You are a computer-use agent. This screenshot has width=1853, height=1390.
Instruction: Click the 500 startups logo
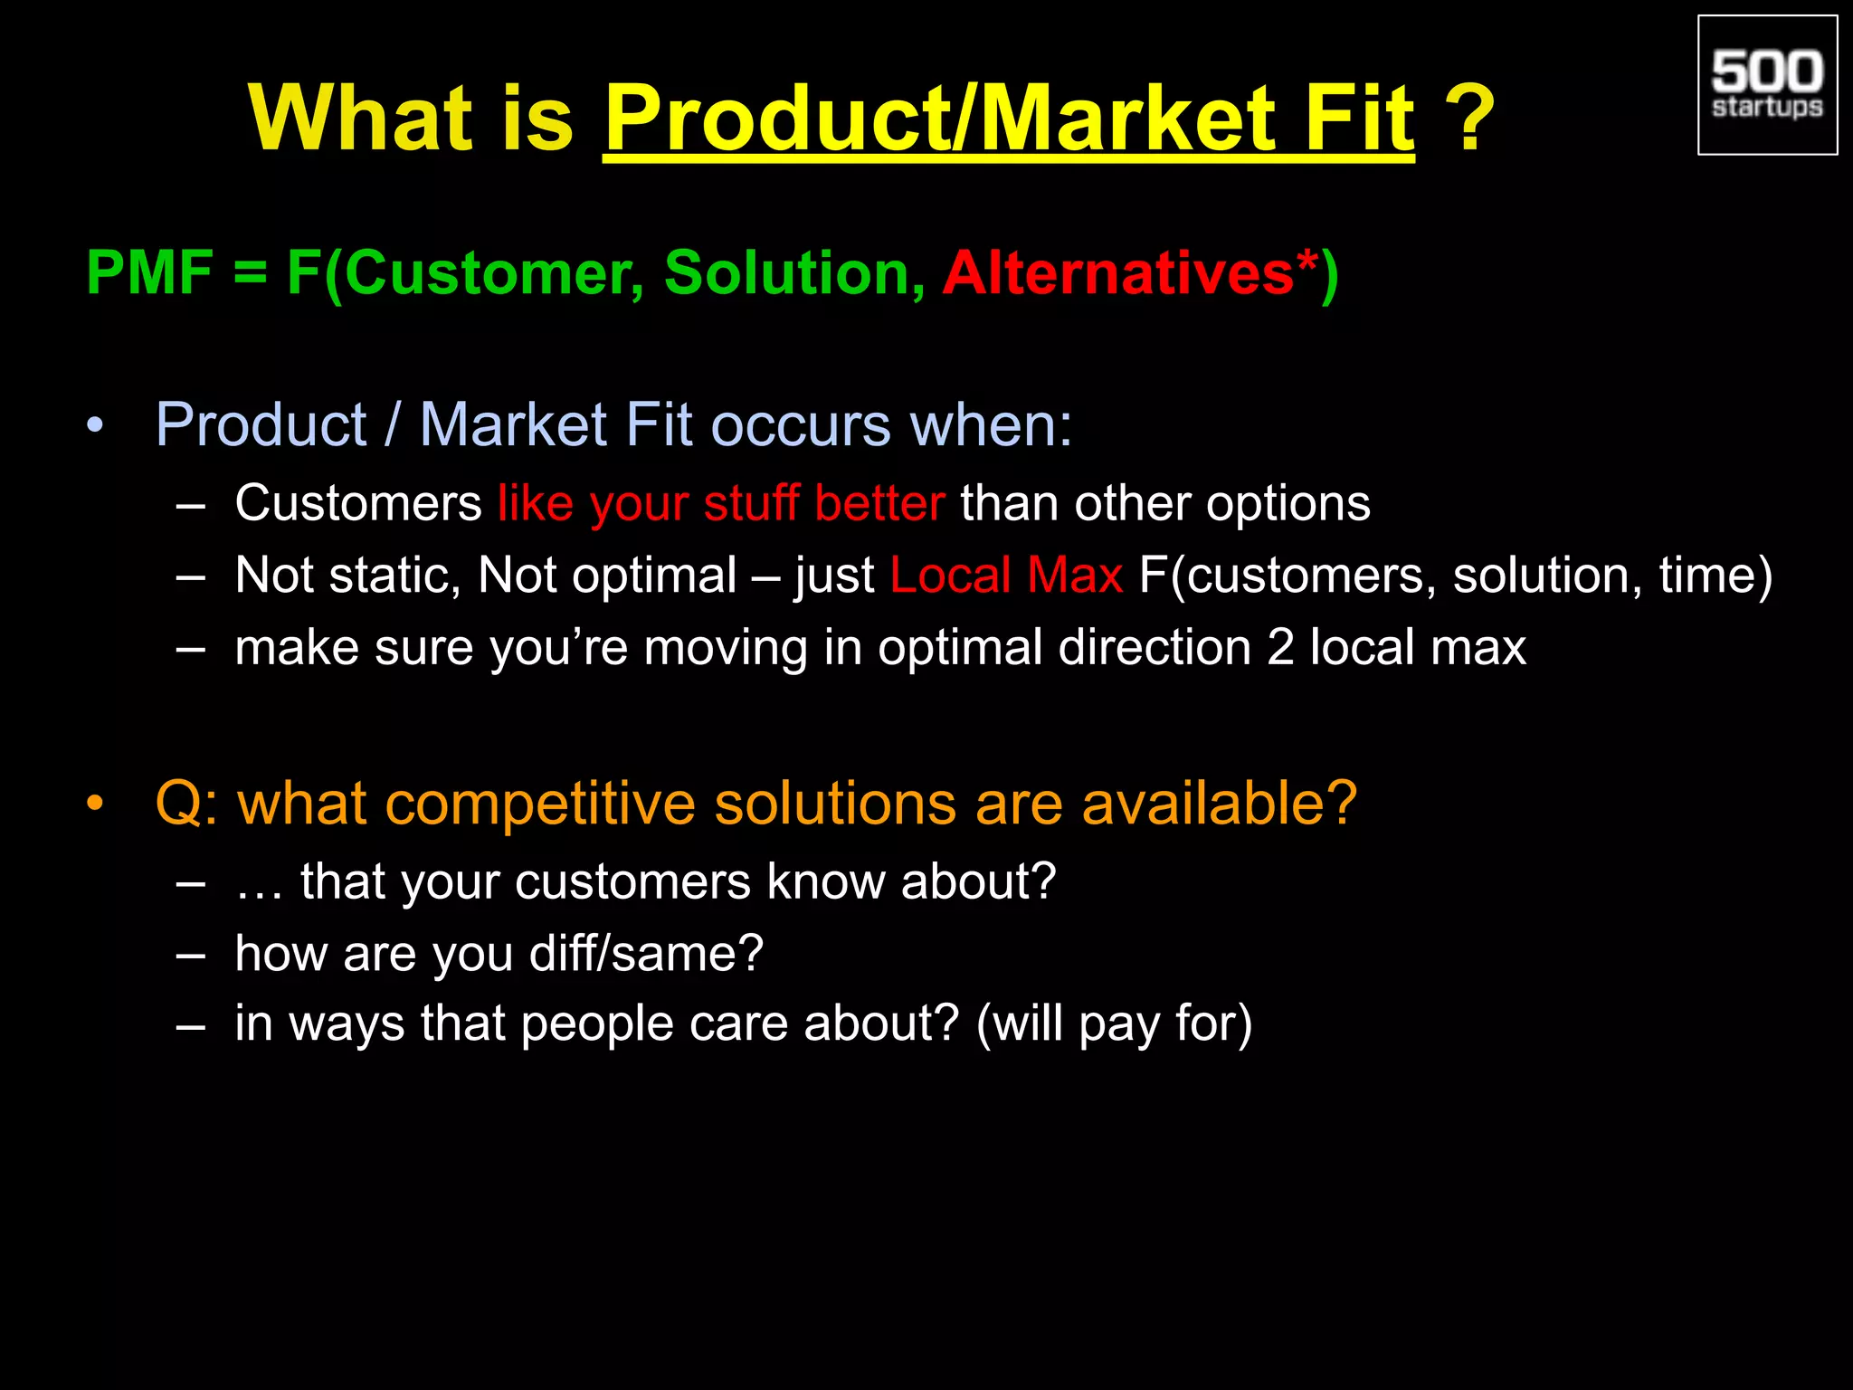click(x=1767, y=85)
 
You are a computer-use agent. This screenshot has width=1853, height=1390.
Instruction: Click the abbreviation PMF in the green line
click(x=149, y=272)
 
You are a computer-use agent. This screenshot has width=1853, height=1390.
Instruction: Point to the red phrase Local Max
click(x=1005, y=576)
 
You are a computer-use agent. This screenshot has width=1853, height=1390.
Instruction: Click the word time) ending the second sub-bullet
click(x=1715, y=576)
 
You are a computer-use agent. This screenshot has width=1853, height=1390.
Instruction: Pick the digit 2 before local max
click(x=1280, y=648)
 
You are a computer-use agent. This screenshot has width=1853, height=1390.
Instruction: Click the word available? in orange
click(x=1219, y=804)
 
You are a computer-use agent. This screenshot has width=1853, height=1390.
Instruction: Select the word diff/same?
click(x=646, y=954)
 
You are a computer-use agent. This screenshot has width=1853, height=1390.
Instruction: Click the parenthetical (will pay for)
click(x=1114, y=1024)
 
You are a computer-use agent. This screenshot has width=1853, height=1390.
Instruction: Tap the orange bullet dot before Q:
click(x=95, y=804)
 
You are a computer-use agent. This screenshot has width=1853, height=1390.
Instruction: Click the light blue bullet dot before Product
click(x=95, y=425)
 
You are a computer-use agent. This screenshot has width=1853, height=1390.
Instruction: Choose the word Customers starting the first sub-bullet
click(x=358, y=503)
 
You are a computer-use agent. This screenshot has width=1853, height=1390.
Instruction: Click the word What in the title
click(x=360, y=119)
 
